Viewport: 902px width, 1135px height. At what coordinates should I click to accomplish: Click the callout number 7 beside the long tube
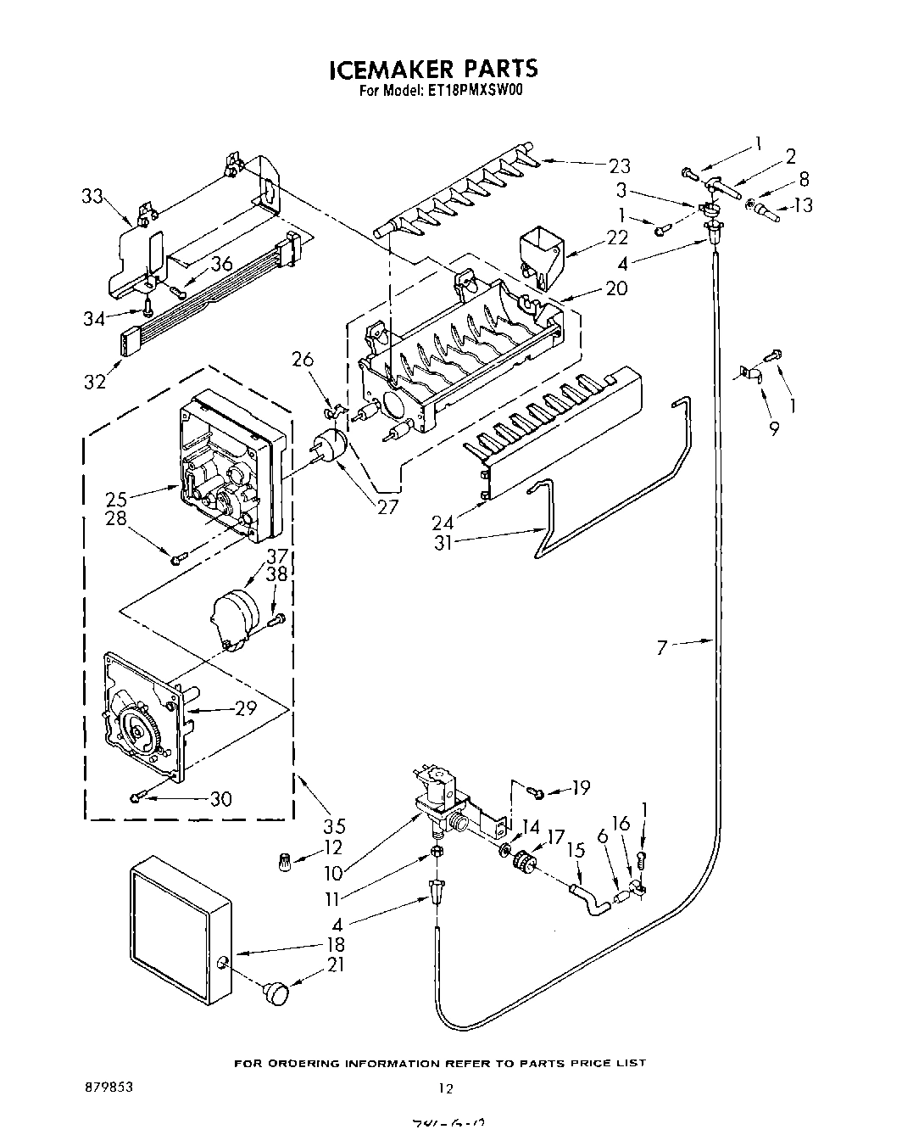click(662, 648)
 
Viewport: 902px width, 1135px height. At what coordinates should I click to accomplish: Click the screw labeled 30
click(138, 797)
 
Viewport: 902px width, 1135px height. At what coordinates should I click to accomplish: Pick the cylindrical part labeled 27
click(329, 445)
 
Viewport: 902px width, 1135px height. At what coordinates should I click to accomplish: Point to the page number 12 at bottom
click(445, 1088)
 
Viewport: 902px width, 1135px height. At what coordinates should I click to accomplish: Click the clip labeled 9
click(749, 373)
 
